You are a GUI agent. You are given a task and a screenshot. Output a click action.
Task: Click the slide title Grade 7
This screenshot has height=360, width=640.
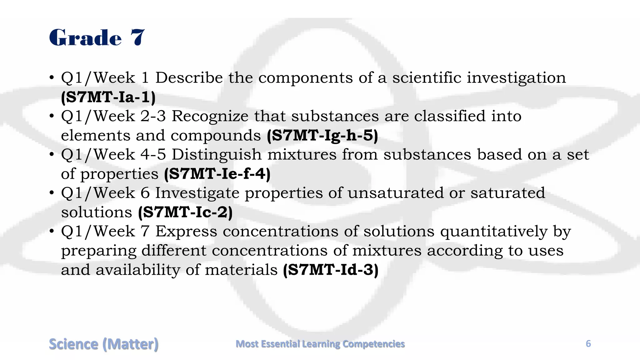coord(97,37)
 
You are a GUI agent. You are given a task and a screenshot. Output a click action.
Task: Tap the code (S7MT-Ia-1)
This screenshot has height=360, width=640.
coord(108,97)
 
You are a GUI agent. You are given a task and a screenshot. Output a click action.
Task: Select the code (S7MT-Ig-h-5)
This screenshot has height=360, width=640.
coord(322,136)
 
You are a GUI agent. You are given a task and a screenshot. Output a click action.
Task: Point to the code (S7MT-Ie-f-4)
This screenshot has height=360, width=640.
coord(217,174)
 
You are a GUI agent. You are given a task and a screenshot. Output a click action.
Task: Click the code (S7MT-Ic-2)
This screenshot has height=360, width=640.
coord(185,212)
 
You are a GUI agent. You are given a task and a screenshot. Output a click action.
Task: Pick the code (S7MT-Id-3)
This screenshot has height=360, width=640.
coord(331,270)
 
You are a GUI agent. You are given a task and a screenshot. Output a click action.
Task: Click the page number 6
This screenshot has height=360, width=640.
coord(588,344)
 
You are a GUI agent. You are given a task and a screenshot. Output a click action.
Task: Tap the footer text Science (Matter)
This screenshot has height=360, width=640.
coord(103,344)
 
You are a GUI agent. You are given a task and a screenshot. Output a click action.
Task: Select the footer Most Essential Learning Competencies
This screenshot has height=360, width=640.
coord(320,344)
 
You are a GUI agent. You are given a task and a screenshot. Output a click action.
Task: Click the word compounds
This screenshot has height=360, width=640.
coord(216,136)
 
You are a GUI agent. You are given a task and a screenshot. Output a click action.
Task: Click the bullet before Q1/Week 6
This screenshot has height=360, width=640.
coord(52,193)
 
